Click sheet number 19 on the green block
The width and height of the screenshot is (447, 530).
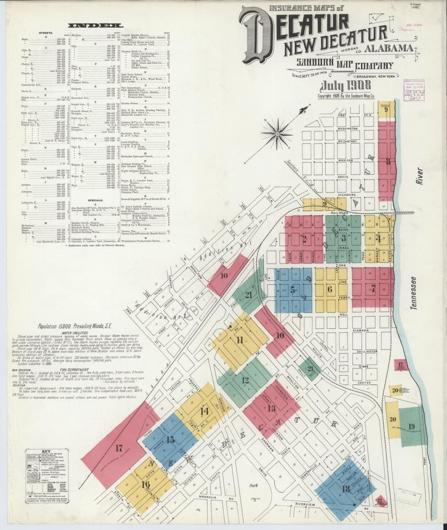[x=411, y=426]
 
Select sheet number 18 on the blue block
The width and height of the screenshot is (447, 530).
[x=346, y=489]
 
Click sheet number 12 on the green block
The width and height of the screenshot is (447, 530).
[x=246, y=380]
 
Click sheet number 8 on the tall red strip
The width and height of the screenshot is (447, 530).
[x=387, y=161]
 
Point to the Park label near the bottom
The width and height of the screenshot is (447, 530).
[x=253, y=485]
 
